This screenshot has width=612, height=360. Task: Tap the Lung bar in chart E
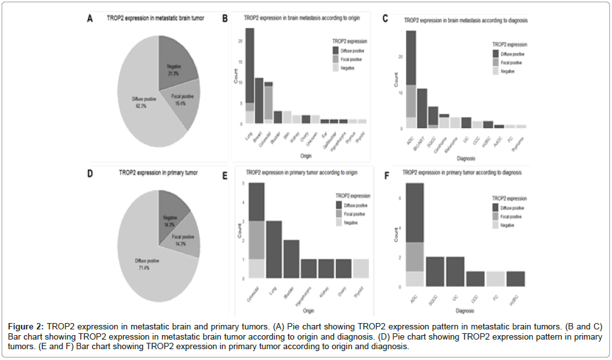tap(273, 249)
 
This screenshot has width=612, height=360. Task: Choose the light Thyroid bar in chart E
tap(360, 268)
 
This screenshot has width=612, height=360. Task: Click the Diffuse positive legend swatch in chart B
tap(335, 50)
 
